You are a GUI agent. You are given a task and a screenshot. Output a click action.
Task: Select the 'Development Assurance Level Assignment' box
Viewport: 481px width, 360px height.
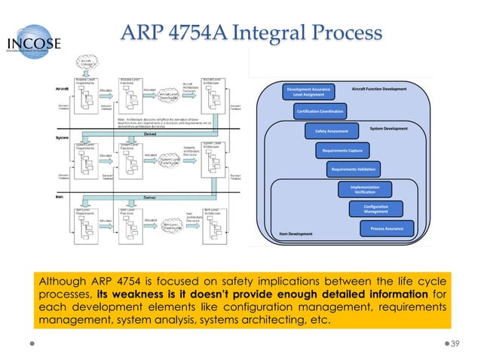click(x=308, y=93)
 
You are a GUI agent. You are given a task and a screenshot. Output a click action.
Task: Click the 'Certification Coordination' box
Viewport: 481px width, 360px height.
click(x=320, y=111)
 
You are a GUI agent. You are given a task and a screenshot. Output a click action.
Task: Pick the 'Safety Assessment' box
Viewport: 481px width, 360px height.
click(x=326, y=131)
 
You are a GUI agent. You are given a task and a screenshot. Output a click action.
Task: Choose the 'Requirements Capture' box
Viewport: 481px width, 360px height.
click(x=345, y=151)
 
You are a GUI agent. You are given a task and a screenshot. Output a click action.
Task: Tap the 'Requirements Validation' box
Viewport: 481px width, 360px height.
click(x=354, y=169)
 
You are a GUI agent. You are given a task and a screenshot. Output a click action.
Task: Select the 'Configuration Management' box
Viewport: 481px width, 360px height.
click(x=375, y=209)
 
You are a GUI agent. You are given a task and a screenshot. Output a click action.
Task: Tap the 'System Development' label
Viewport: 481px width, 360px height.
click(x=388, y=128)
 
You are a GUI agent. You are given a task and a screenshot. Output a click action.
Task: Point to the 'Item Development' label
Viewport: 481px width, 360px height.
click(x=296, y=233)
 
